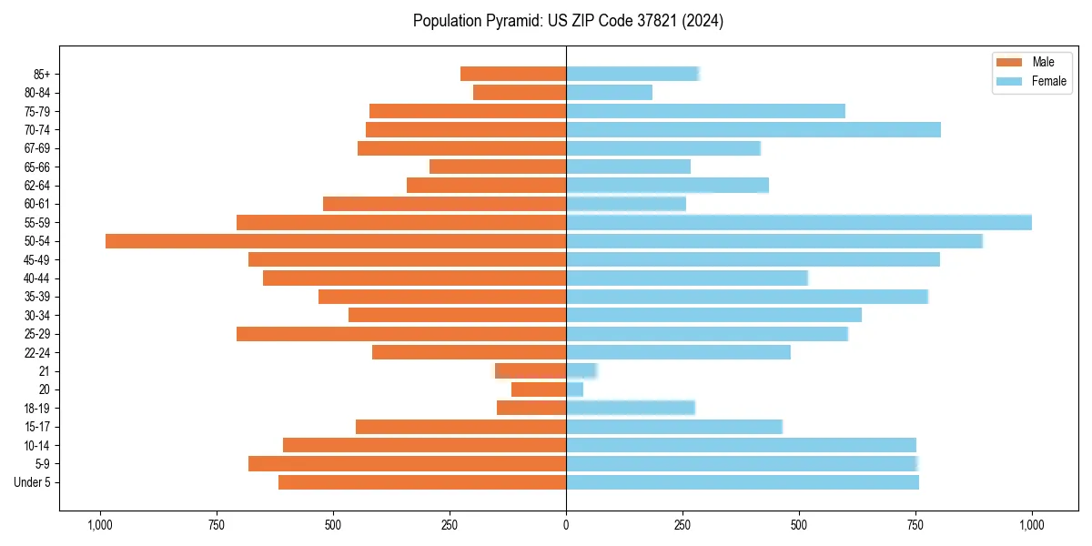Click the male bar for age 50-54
(x=336, y=241)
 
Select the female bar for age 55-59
(x=799, y=223)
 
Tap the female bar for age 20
(x=574, y=389)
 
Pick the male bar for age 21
(x=531, y=371)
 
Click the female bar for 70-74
(x=753, y=130)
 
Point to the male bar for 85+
(x=513, y=75)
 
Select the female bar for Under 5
(x=743, y=482)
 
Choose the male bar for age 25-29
(x=401, y=334)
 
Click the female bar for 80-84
(x=609, y=93)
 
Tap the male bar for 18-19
(x=531, y=408)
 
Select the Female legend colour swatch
(x=1010, y=81)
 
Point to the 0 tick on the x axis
(x=566, y=525)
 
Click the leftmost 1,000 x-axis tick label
(x=99, y=525)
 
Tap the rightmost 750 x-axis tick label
(x=915, y=525)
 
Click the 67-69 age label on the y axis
(x=37, y=148)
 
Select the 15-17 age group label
(x=37, y=427)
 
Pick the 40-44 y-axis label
(x=37, y=278)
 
